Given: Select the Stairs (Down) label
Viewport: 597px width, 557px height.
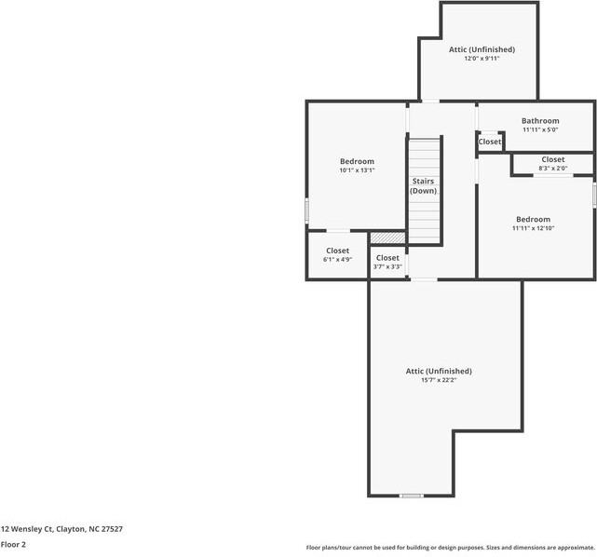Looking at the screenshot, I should pos(424,186).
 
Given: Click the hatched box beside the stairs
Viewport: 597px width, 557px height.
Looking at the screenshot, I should pos(388,238).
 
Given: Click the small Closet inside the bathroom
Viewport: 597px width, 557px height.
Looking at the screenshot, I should pos(490,142).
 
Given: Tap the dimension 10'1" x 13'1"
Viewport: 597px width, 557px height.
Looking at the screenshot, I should pos(357,170).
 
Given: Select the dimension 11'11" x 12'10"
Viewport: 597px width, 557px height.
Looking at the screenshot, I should pos(533,228).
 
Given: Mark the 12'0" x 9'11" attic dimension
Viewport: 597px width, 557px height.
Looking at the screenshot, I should pos(482,59).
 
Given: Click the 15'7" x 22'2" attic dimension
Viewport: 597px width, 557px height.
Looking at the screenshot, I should pos(439,380).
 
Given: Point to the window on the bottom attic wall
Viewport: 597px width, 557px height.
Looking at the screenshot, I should pos(412,496).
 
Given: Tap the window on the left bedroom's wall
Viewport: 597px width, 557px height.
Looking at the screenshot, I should pos(306,211).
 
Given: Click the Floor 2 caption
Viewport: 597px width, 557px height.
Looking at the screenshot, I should pos(13,544).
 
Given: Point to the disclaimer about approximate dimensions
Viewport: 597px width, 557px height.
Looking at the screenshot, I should pos(450,548).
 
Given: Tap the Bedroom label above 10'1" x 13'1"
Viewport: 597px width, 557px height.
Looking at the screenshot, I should pos(357,161).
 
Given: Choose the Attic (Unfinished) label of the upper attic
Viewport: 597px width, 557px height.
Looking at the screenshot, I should pos(482,49).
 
